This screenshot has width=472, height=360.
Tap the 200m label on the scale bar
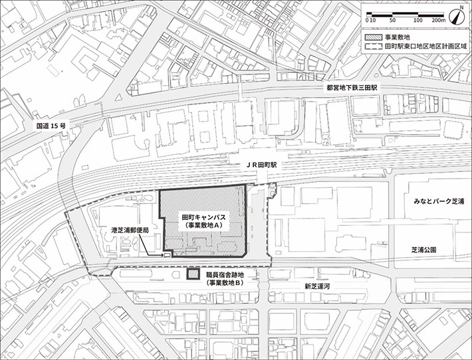(x=437, y=21)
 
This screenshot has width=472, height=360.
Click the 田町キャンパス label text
(x=204, y=217)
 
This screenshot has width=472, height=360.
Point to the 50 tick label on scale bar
(x=392, y=21)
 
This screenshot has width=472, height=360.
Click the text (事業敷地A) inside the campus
(x=204, y=226)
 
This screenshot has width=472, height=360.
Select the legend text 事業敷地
(x=396, y=38)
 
